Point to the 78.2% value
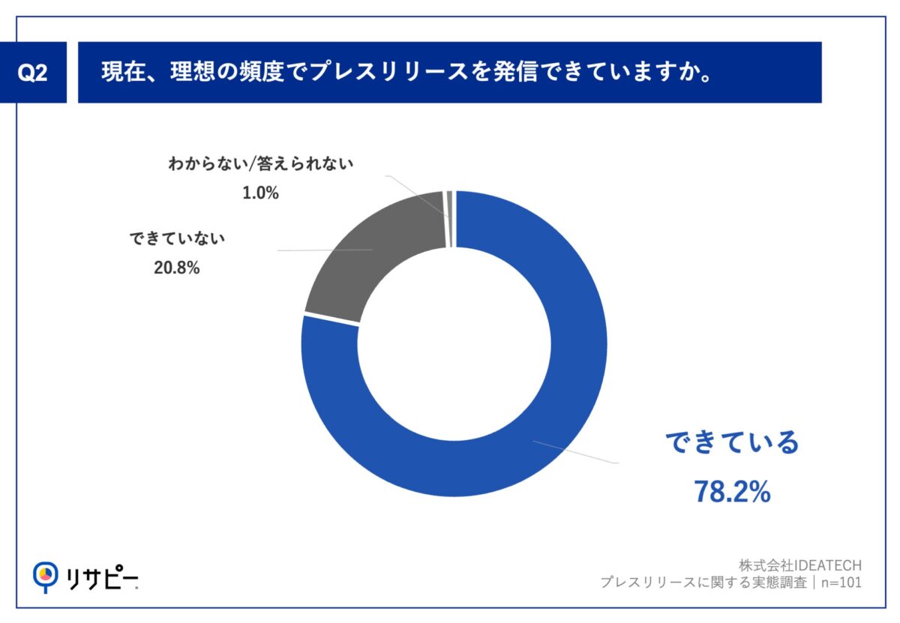pos(731,492)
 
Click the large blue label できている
pos(732,444)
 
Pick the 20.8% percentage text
pos(176,268)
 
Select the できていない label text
pos(177,239)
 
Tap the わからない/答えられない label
pos(260,163)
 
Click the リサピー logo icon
pos(46,576)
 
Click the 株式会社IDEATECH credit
pos(799,565)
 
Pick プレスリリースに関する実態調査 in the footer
pos(703,583)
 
